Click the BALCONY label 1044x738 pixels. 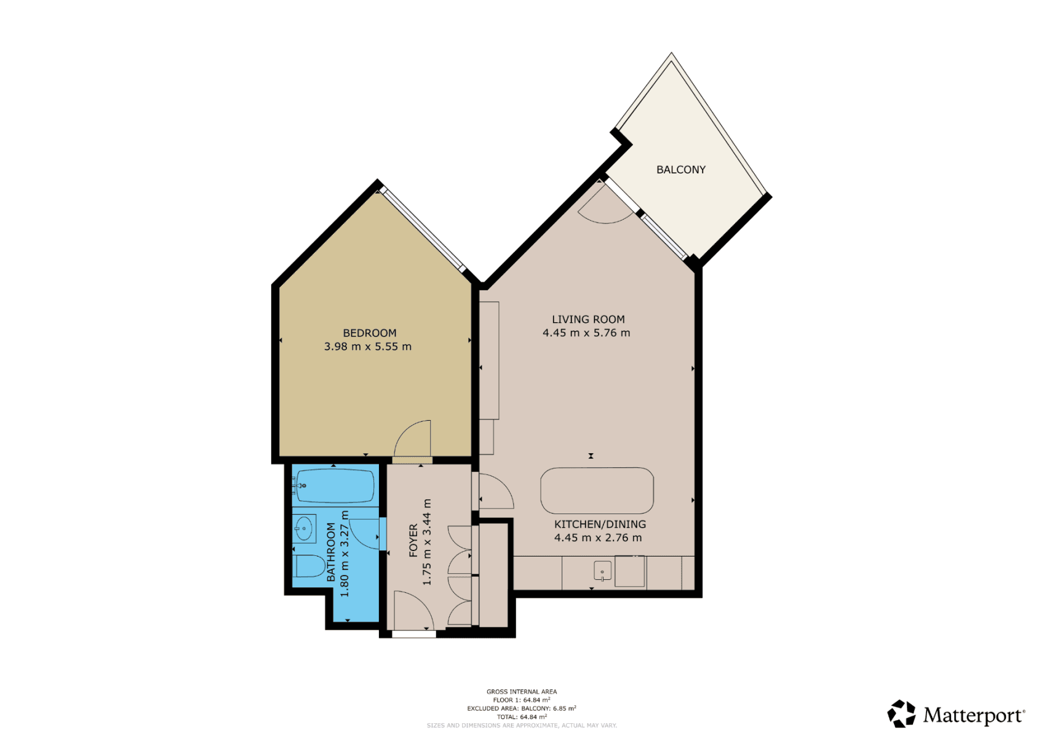[680, 170]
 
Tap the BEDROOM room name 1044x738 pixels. [369, 333]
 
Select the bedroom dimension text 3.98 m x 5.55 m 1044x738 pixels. [367, 346]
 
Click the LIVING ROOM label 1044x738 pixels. [588, 319]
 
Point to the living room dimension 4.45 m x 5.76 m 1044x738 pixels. [586, 333]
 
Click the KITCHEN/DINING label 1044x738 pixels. [600, 524]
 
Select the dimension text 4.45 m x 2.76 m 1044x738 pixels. [597, 538]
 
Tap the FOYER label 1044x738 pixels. [413, 540]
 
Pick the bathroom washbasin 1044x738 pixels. [303, 528]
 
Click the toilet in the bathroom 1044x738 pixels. [309, 566]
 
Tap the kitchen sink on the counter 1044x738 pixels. [602, 571]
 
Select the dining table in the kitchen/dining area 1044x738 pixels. [597, 490]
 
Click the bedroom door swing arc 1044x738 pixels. [413, 438]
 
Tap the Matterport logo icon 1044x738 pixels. [901, 714]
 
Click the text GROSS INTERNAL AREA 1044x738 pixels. [521, 692]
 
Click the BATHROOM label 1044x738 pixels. [331, 552]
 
